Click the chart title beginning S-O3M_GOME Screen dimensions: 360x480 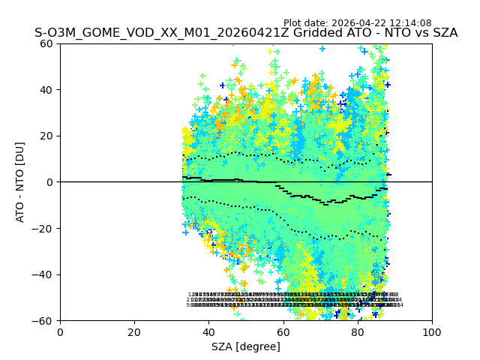click(x=246, y=34)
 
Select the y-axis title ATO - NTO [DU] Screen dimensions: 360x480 click(x=20, y=181)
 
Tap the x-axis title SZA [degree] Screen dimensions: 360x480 click(x=246, y=346)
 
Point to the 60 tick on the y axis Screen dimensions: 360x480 click(x=47, y=43)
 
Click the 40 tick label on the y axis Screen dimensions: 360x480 click(x=47, y=89)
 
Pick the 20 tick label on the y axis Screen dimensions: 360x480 click(x=47, y=136)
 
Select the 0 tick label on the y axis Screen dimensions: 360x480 click(x=50, y=181)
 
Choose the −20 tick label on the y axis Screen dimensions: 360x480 click(x=44, y=228)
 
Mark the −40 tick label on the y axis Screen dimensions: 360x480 click(x=44, y=274)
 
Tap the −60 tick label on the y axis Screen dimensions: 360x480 click(x=44, y=320)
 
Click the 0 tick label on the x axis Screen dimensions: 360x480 click(x=60, y=331)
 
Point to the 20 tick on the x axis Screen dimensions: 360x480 click(x=134, y=331)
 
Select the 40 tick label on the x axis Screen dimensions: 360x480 click(x=208, y=331)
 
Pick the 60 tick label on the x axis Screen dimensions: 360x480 click(x=283, y=331)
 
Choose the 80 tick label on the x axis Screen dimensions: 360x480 click(x=358, y=331)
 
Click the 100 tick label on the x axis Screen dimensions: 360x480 click(x=432, y=331)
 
